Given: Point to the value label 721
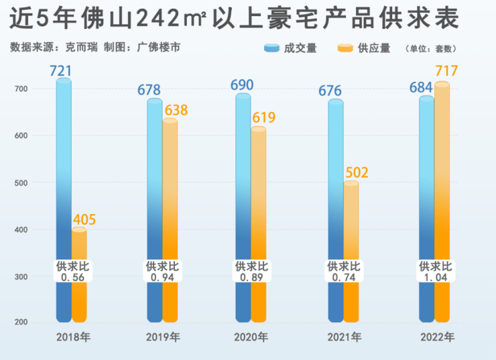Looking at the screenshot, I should (60, 70).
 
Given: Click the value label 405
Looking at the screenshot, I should (84, 220).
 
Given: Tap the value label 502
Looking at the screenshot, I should (357, 173).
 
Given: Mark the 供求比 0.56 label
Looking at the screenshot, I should (72, 272).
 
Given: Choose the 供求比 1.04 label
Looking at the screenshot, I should (436, 272).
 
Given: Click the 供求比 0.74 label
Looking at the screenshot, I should (343, 272).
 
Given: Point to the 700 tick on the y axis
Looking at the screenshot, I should (20, 89).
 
